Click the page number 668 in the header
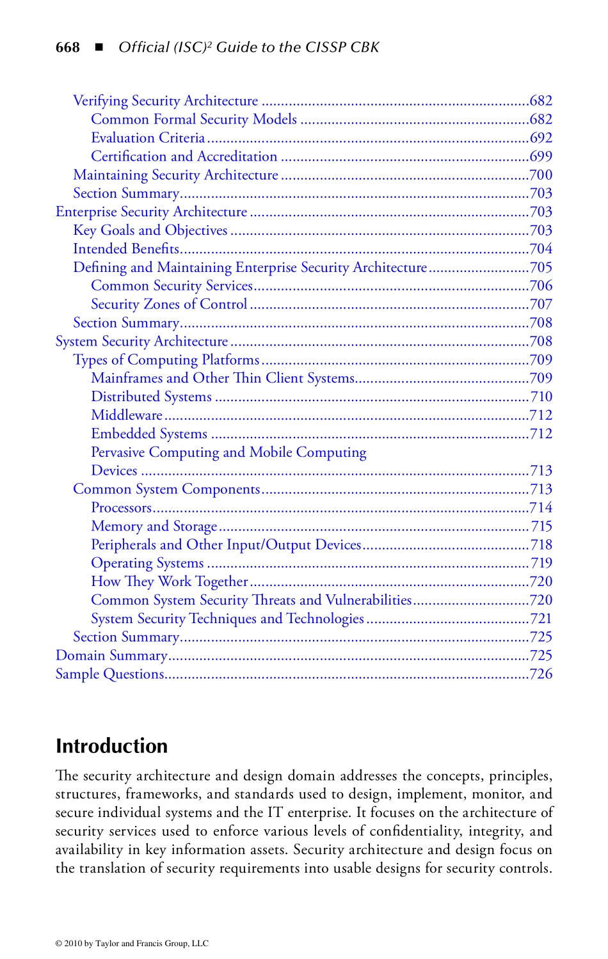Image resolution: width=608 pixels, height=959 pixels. click(68, 47)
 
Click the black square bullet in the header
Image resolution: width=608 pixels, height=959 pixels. click(99, 47)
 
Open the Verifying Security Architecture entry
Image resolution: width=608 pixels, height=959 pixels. click(166, 101)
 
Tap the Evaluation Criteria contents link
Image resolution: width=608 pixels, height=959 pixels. click(148, 138)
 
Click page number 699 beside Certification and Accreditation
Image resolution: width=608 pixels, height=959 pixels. click(541, 157)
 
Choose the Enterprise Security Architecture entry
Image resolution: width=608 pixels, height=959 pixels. click(152, 212)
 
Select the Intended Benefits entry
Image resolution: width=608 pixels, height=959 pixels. click(126, 250)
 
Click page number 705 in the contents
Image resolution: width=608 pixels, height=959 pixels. click(541, 267)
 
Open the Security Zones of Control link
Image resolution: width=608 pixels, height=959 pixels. click(169, 305)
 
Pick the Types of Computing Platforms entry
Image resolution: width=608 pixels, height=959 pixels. click(166, 360)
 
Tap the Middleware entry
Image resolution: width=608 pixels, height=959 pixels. click(127, 416)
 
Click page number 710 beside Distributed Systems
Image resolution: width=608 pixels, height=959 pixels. click(541, 397)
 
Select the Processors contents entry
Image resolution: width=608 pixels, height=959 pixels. click(121, 508)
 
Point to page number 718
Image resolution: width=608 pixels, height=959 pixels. click(541, 545)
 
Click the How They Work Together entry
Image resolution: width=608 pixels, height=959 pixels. click(170, 582)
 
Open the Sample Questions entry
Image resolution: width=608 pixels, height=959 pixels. click(109, 674)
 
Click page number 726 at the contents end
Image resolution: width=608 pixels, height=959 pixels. click(541, 674)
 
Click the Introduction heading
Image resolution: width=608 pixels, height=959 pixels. click(112, 746)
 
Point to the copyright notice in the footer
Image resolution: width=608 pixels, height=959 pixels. click(132, 943)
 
